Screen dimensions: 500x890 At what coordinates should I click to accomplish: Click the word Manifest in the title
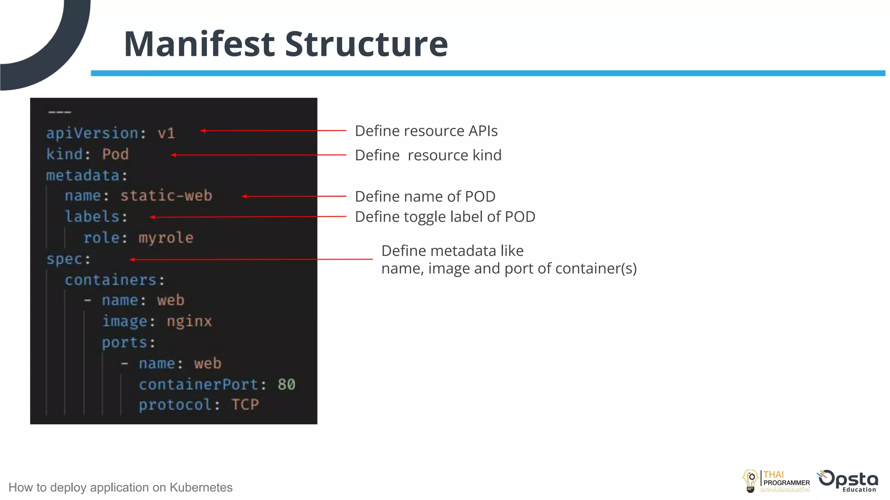[199, 44]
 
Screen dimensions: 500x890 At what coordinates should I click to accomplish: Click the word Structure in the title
[366, 44]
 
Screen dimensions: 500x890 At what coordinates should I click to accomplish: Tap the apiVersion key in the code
[92, 133]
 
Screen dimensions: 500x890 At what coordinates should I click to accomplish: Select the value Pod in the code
[116, 154]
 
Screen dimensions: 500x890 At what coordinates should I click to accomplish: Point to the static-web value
[166, 196]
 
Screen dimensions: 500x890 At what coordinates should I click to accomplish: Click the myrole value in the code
[166, 238]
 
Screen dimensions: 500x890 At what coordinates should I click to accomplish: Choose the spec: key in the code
[68, 259]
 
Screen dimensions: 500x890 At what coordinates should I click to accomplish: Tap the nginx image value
[189, 321]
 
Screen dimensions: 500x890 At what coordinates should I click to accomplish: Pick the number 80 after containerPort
[286, 384]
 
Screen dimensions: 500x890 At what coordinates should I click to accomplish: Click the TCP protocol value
[245, 405]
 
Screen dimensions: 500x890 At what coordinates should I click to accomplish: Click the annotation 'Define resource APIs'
[426, 131]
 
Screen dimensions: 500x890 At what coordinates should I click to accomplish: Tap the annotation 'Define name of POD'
[425, 196]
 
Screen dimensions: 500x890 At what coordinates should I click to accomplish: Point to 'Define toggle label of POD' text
[445, 217]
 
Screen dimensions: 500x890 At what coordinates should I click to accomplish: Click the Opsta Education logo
[848, 481]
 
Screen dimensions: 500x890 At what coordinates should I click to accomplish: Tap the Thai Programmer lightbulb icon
[750, 481]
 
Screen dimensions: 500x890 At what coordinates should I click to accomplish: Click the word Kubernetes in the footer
[201, 487]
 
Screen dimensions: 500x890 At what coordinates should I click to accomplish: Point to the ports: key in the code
[128, 342]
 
